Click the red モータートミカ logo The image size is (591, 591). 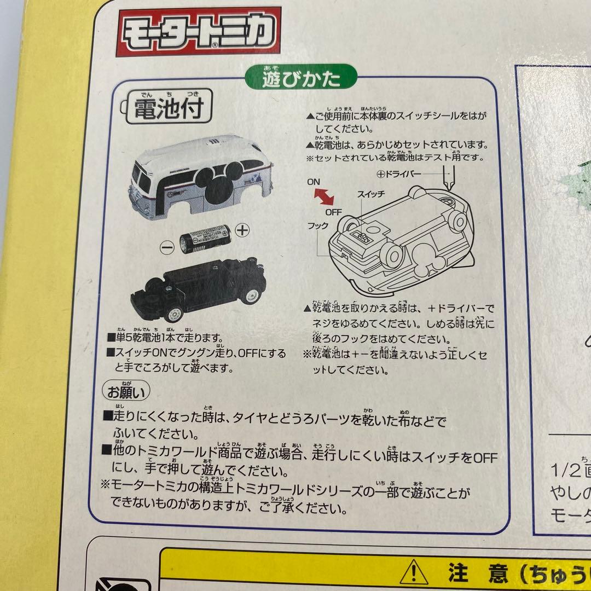tap(198, 31)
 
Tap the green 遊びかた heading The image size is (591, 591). tap(302, 80)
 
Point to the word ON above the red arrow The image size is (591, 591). tap(314, 181)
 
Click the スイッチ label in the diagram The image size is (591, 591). tap(372, 194)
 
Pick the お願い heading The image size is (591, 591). tap(125, 392)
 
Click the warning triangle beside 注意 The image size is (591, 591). tap(414, 573)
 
